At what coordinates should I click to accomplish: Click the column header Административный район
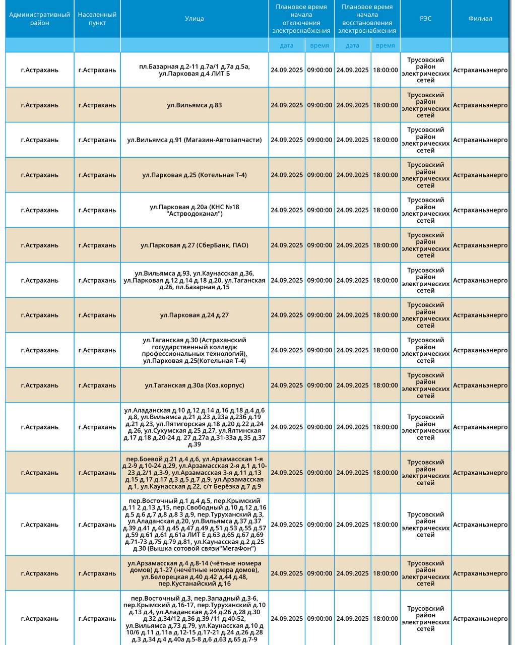click(x=39, y=19)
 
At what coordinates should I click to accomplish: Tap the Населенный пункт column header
click(x=97, y=19)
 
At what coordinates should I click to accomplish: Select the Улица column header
click(x=195, y=19)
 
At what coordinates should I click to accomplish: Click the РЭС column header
click(x=425, y=19)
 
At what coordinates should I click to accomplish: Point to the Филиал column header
click(x=480, y=19)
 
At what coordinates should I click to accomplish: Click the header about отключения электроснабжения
click(x=301, y=19)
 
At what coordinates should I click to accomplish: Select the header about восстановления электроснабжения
click(x=367, y=19)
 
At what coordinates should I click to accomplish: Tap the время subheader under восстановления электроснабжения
click(x=385, y=45)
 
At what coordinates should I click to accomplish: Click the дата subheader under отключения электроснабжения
click(x=287, y=45)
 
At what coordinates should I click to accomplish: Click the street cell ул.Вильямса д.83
click(x=195, y=105)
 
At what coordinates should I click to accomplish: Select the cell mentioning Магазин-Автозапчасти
click(x=195, y=140)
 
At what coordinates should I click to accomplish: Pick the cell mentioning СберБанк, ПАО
click(x=195, y=245)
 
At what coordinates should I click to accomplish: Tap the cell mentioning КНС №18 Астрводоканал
click(x=195, y=210)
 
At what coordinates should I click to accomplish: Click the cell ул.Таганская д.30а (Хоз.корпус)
click(x=195, y=385)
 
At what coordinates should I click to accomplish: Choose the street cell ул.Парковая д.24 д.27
click(x=195, y=315)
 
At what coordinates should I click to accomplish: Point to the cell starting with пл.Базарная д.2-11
click(x=195, y=70)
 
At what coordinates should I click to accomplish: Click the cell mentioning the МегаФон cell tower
click(x=195, y=525)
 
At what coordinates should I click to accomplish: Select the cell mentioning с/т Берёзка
click(x=195, y=473)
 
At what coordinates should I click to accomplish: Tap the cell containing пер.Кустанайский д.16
click(x=195, y=573)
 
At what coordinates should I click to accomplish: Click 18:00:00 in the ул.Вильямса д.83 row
click(x=385, y=105)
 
